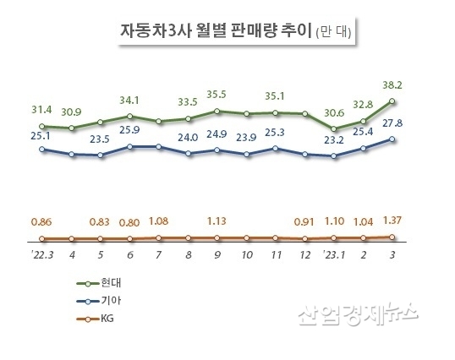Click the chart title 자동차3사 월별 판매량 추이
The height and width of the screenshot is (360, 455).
pos(215,32)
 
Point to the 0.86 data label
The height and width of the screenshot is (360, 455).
pos(42,222)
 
